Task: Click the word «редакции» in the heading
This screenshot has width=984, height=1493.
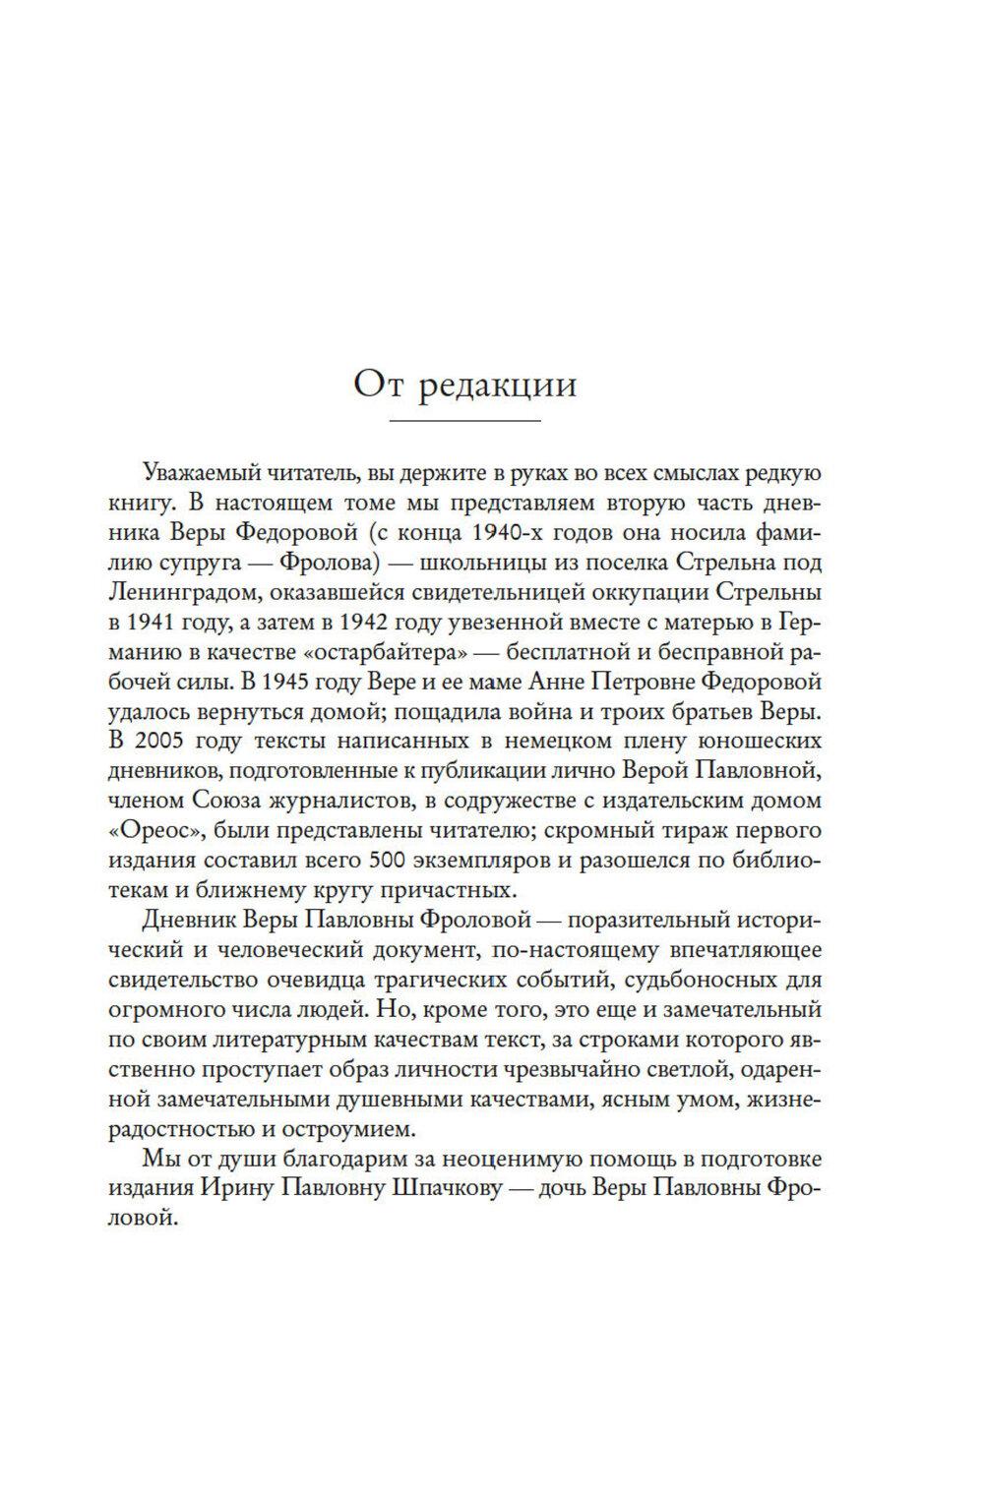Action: (x=499, y=385)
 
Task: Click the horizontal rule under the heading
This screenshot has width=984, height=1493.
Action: (x=466, y=423)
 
